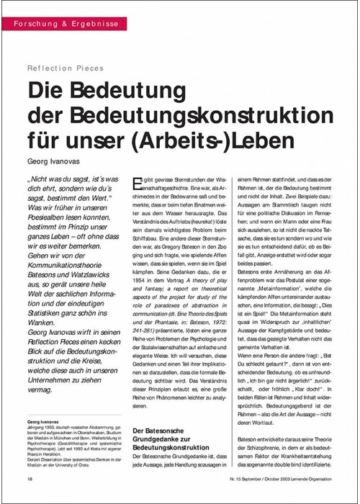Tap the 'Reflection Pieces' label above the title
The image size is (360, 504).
tap(66, 68)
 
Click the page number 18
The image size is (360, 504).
tap(30, 479)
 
